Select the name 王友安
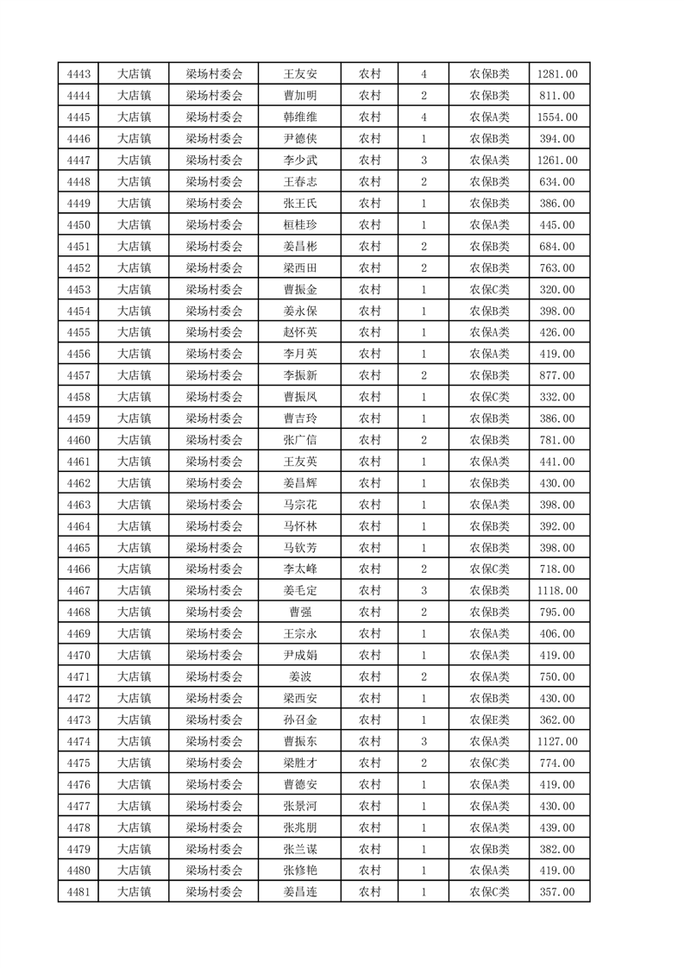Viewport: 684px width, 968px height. (x=300, y=74)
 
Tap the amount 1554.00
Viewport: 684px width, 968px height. (x=556, y=117)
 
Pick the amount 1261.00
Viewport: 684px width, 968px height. (x=556, y=160)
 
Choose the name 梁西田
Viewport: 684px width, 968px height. (x=300, y=268)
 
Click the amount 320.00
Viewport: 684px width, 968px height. (x=556, y=290)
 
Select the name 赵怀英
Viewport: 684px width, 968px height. (x=300, y=332)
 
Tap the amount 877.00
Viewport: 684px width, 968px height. (x=556, y=375)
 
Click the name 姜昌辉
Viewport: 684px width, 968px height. (x=300, y=483)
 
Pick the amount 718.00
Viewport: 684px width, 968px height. (x=556, y=569)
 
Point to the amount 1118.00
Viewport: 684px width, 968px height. (x=556, y=591)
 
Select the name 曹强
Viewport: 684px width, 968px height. (x=300, y=613)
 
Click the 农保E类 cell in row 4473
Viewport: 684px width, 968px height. (x=489, y=720)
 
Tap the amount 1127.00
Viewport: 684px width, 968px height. (x=556, y=741)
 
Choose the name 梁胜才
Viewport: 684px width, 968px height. (x=300, y=763)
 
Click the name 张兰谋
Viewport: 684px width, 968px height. (x=300, y=849)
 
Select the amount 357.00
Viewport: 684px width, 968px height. (x=556, y=892)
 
